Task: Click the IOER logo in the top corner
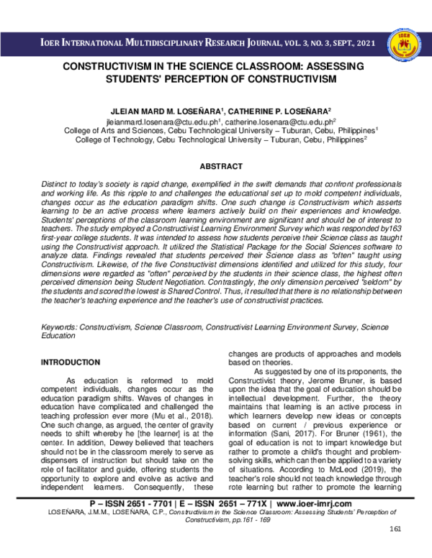(404, 45)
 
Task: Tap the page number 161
(393, 549)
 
